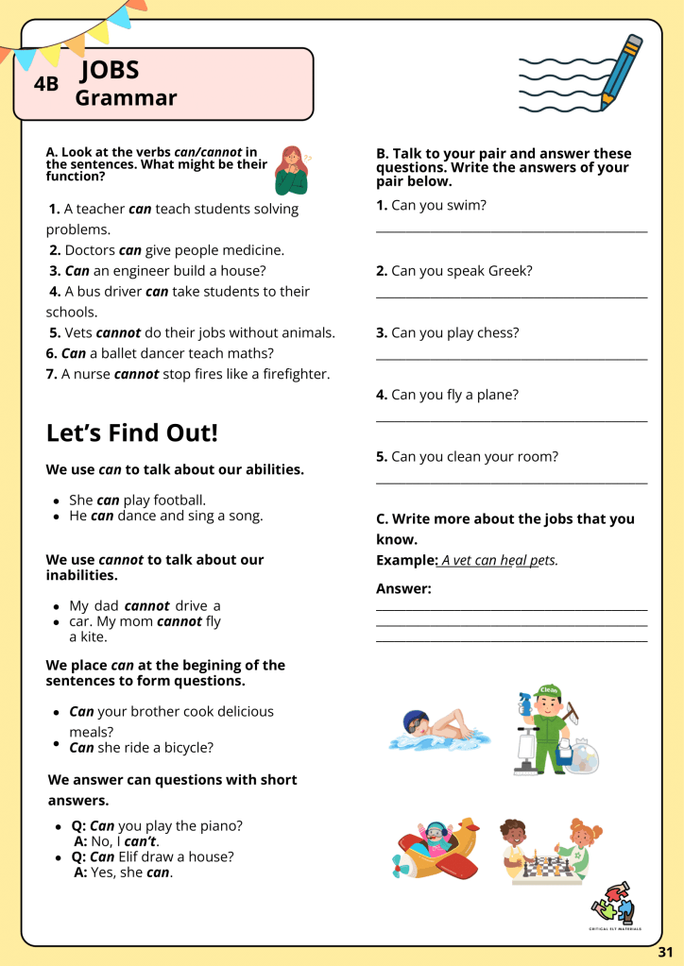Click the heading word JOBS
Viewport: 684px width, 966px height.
(x=111, y=70)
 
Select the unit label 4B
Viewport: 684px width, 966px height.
(x=46, y=84)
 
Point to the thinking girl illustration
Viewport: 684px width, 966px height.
(x=291, y=169)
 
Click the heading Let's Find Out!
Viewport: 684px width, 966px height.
(x=131, y=433)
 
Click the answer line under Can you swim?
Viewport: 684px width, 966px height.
(x=511, y=230)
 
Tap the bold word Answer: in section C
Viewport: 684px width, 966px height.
(x=403, y=589)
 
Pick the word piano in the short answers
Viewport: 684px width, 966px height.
(x=223, y=825)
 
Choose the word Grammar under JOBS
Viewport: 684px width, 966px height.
(x=126, y=98)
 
